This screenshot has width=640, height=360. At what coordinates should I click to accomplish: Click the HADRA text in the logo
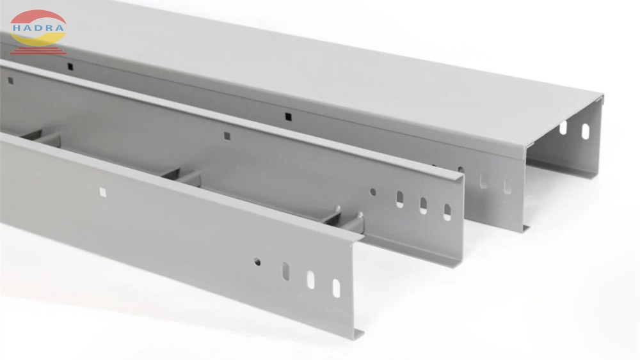(x=38, y=28)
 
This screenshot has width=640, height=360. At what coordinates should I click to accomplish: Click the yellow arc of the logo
(x=37, y=39)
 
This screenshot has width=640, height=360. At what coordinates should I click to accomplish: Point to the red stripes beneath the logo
(x=38, y=51)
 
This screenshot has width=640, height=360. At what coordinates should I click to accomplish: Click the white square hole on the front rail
(x=102, y=192)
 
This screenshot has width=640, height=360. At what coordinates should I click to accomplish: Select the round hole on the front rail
(x=257, y=262)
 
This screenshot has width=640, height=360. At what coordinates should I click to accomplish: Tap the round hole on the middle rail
(x=372, y=192)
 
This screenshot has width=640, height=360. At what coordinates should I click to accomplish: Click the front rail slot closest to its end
(x=336, y=288)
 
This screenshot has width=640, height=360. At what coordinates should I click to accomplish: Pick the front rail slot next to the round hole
(x=285, y=272)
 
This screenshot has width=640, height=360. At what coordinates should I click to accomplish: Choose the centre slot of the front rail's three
(x=311, y=279)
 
